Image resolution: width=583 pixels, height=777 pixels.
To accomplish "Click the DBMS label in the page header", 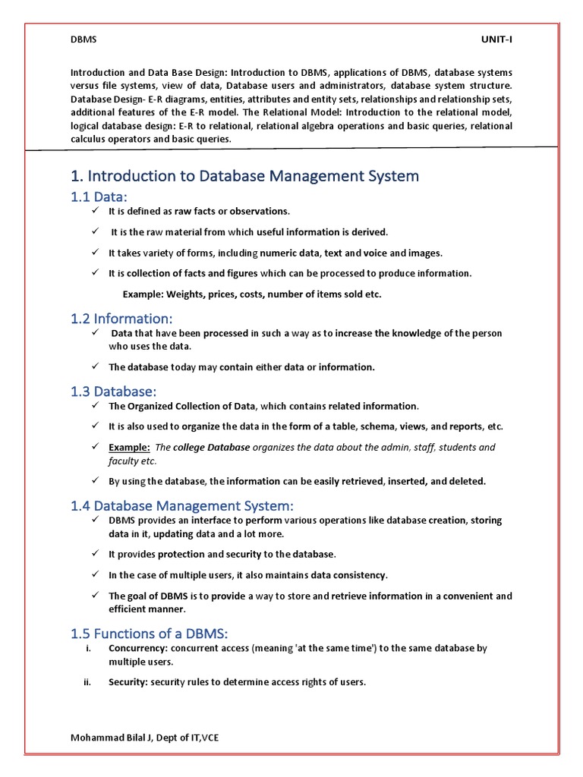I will (x=84, y=40).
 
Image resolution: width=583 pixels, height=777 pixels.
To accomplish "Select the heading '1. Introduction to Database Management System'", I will (x=244, y=176).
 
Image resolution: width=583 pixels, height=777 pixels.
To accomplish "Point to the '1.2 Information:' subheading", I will (x=122, y=319).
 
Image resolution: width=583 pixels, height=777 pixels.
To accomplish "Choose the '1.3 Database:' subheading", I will (x=114, y=392).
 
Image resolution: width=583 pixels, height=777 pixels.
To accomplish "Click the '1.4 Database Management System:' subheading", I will (x=181, y=505).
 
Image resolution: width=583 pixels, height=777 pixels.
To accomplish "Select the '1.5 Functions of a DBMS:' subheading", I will (x=149, y=634).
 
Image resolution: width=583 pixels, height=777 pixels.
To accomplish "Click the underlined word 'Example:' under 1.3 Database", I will (x=129, y=447).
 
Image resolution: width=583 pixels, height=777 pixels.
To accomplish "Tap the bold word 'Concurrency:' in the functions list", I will (x=138, y=648).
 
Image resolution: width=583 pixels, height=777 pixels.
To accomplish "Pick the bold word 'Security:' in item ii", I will (x=128, y=682).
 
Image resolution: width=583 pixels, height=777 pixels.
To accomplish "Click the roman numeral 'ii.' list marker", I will (x=87, y=682).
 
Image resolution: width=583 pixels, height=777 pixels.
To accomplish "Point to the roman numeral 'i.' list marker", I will (x=89, y=648).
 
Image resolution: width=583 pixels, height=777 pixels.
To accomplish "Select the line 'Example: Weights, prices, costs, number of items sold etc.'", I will (x=252, y=294).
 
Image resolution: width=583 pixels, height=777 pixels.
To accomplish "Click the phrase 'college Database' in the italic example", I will (x=211, y=447).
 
